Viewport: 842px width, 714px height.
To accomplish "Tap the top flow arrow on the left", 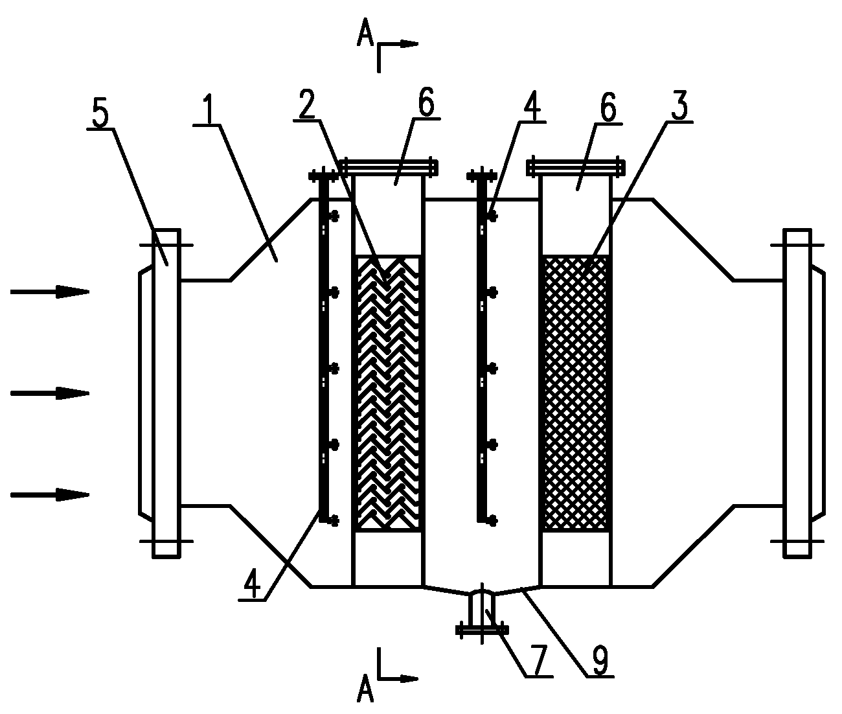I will click(x=50, y=292).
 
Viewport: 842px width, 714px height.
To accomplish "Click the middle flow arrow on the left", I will click(x=50, y=393).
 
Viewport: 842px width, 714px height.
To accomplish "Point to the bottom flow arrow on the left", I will click(x=50, y=495).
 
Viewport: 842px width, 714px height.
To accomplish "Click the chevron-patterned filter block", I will click(x=387, y=393).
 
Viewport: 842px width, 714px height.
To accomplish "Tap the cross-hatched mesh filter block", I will click(x=575, y=393).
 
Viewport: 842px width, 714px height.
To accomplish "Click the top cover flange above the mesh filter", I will click(x=576, y=167).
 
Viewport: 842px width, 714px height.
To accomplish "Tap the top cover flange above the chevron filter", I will click(x=389, y=167).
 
